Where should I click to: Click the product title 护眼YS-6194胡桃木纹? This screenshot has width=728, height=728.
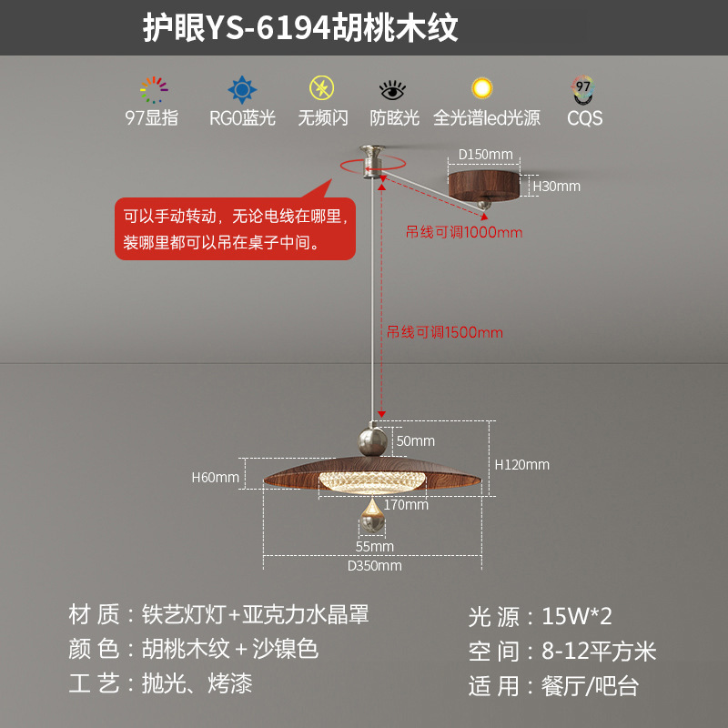pos(300,28)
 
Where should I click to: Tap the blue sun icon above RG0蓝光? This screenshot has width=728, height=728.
pos(241,90)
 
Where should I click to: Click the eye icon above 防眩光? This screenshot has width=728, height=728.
pos(393,90)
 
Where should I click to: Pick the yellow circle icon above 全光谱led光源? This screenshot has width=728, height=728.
pos(481,89)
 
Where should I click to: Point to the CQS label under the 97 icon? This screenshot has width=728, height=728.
pos(584,118)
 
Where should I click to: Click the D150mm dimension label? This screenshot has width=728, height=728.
pos(485,154)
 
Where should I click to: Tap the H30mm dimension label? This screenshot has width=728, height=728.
pos(556,186)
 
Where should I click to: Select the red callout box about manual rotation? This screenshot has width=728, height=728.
pos(235,228)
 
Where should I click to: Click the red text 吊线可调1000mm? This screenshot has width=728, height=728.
pos(464,232)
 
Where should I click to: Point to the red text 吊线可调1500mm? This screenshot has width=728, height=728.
pos(445,332)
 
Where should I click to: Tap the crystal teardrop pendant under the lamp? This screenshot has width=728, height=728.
pos(372,519)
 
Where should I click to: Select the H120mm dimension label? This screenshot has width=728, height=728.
pos(522,464)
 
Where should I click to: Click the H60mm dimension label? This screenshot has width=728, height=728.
pos(216,477)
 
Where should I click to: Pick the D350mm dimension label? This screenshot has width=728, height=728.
pos(374,565)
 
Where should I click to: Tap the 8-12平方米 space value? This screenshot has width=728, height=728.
pos(599,651)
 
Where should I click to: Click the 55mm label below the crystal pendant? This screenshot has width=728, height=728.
pos(374,546)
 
